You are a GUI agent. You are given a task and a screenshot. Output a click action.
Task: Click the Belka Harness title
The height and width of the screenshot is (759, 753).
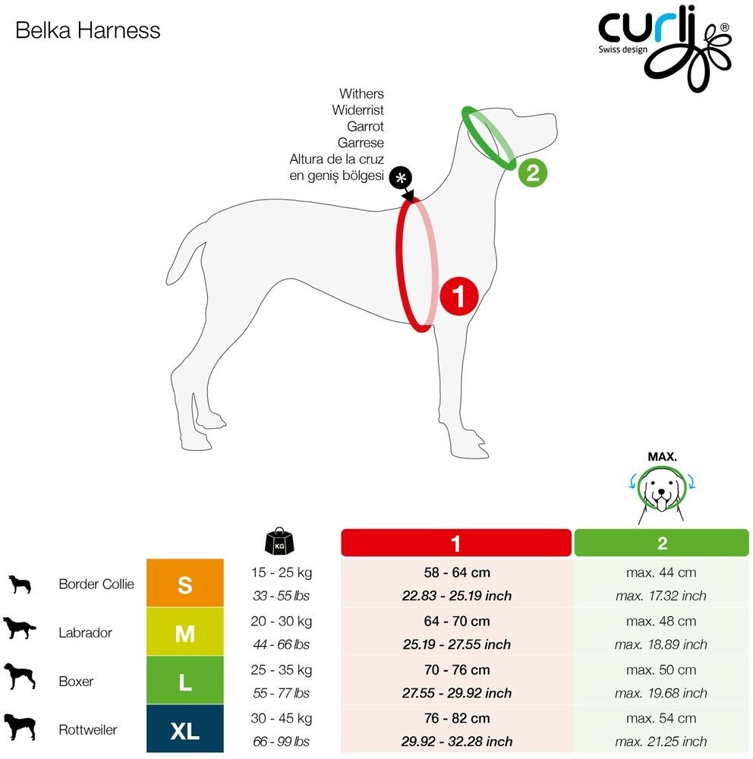(88, 30)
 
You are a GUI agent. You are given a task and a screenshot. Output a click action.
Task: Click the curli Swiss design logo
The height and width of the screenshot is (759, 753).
(664, 46)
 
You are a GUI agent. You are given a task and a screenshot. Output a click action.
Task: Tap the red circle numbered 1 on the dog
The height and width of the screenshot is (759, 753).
(459, 294)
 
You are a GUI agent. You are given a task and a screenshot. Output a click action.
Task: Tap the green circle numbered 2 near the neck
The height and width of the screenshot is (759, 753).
(532, 172)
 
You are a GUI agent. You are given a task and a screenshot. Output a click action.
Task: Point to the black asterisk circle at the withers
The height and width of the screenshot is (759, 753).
(400, 178)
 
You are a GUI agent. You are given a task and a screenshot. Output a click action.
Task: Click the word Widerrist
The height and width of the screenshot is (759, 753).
(358, 110)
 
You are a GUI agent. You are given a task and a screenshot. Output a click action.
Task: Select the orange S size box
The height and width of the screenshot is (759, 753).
(184, 584)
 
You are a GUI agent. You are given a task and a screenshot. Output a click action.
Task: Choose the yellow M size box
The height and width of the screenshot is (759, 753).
(184, 632)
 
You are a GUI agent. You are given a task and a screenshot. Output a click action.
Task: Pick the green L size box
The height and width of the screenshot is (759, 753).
(184, 681)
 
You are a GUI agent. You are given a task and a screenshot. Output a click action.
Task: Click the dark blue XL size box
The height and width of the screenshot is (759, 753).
(184, 729)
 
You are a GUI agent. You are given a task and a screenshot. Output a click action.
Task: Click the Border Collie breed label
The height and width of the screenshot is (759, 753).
(96, 584)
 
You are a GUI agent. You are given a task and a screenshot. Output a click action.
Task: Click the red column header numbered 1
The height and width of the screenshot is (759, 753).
(455, 543)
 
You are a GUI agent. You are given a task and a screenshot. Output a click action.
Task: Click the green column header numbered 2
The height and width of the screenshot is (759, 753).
(661, 543)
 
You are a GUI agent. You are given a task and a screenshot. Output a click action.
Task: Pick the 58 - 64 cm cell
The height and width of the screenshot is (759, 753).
(456, 572)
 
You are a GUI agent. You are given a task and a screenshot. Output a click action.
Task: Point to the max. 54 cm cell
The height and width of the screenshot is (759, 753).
(661, 718)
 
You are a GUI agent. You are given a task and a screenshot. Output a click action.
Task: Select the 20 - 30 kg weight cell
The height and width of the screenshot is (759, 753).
(281, 621)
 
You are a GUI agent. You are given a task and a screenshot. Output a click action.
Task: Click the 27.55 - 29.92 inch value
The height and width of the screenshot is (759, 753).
(456, 693)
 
